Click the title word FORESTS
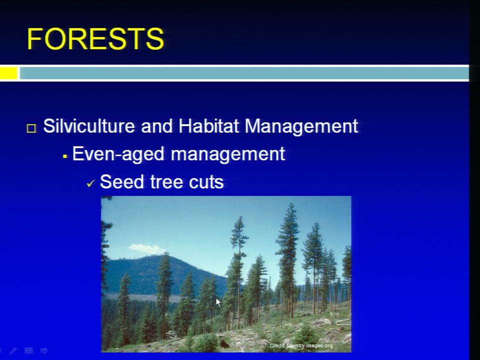tap(95, 38)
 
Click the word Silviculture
tap(89, 126)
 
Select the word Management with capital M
tap(301, 126)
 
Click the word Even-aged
tap(118, 154)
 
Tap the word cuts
tap(206, 182)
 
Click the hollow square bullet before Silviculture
tap(31, 128)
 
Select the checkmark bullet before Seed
tap(90, 183)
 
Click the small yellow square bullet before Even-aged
tap(64, 156)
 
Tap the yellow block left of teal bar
tap(8, 73)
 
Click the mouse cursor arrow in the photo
tap(218, 302)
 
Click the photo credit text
tap(301, 345)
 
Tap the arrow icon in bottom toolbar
tap(44, 350)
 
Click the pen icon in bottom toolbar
tap(13, 351)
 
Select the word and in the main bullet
tap(156, 126)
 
